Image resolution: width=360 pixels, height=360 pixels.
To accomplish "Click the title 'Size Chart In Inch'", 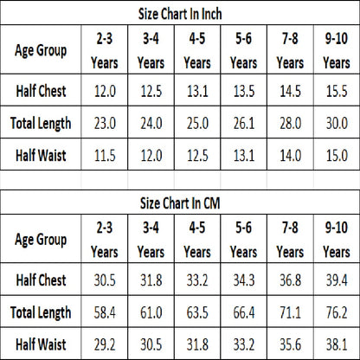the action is click(x=180, y=14).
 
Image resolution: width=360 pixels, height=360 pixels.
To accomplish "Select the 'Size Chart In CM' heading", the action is click(x=180, y=202).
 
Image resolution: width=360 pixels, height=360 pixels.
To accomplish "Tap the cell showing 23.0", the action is click(x=105, y=123).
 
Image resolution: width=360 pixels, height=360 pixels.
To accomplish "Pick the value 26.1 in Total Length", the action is click(x=244, y=123).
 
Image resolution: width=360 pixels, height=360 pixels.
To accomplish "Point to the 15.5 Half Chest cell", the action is click(x=337, y=91).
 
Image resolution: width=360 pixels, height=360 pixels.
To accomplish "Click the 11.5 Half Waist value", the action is click(x=105, y=155).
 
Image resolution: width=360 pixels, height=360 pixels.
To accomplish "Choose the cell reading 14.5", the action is click(x=290, y=91).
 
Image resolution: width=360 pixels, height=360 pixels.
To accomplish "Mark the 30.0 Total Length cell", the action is click(x=337, y=123).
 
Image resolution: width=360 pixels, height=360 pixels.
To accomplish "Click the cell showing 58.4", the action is click(x=105, y=312).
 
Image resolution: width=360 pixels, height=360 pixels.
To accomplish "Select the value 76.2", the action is click(x=337, y=312).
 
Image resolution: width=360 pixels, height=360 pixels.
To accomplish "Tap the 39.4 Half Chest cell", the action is click(x=337, y=280).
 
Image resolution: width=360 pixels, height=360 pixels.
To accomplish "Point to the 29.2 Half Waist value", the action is click(x=105, y=344).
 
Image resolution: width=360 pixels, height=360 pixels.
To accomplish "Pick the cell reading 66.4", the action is click(x=244, y=312).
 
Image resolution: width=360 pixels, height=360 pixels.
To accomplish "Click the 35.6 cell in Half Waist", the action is click(x=290, y=344).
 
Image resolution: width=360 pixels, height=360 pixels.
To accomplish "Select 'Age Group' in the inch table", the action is click(x=41, y=50).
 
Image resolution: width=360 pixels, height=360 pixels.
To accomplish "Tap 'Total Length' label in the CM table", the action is click(x=41, y=312).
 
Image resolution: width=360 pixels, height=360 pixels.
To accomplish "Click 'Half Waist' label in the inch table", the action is click(x=41, y=155).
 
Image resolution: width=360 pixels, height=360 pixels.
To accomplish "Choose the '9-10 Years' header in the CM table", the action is click(x=337, y=240).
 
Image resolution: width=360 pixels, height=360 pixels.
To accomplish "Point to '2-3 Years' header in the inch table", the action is click(x=105, y=51).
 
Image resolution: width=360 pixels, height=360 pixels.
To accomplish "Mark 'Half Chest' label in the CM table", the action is click(x=41, y=280).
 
